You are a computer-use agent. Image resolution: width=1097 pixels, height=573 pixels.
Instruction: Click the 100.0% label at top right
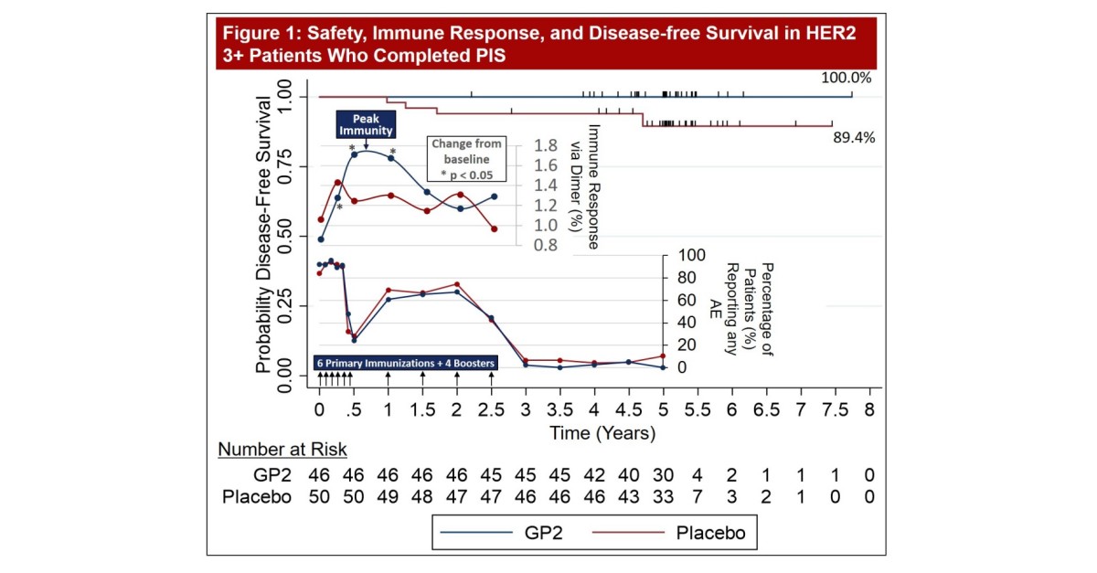tap(847, 80)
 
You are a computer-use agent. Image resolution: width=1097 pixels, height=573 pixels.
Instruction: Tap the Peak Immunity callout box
tap(366, 124)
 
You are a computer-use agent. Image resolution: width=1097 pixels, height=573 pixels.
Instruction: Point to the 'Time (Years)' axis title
tap(602, 433)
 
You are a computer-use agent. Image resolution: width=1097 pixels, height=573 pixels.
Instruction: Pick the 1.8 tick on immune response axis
tap(546, 144)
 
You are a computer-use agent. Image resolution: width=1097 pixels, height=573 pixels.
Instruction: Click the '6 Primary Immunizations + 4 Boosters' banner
tap(405, 363)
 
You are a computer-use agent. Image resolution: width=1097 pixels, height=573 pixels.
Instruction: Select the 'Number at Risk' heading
tap(282, 450)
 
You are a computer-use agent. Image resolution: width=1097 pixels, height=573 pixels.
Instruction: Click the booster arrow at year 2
tap(456, 378)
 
